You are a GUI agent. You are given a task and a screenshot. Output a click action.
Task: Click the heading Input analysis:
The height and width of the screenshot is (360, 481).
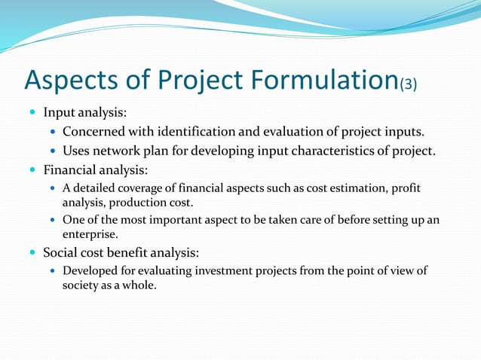(84, 113)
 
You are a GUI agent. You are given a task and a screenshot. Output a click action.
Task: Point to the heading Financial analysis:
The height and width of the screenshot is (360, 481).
(97, 169)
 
